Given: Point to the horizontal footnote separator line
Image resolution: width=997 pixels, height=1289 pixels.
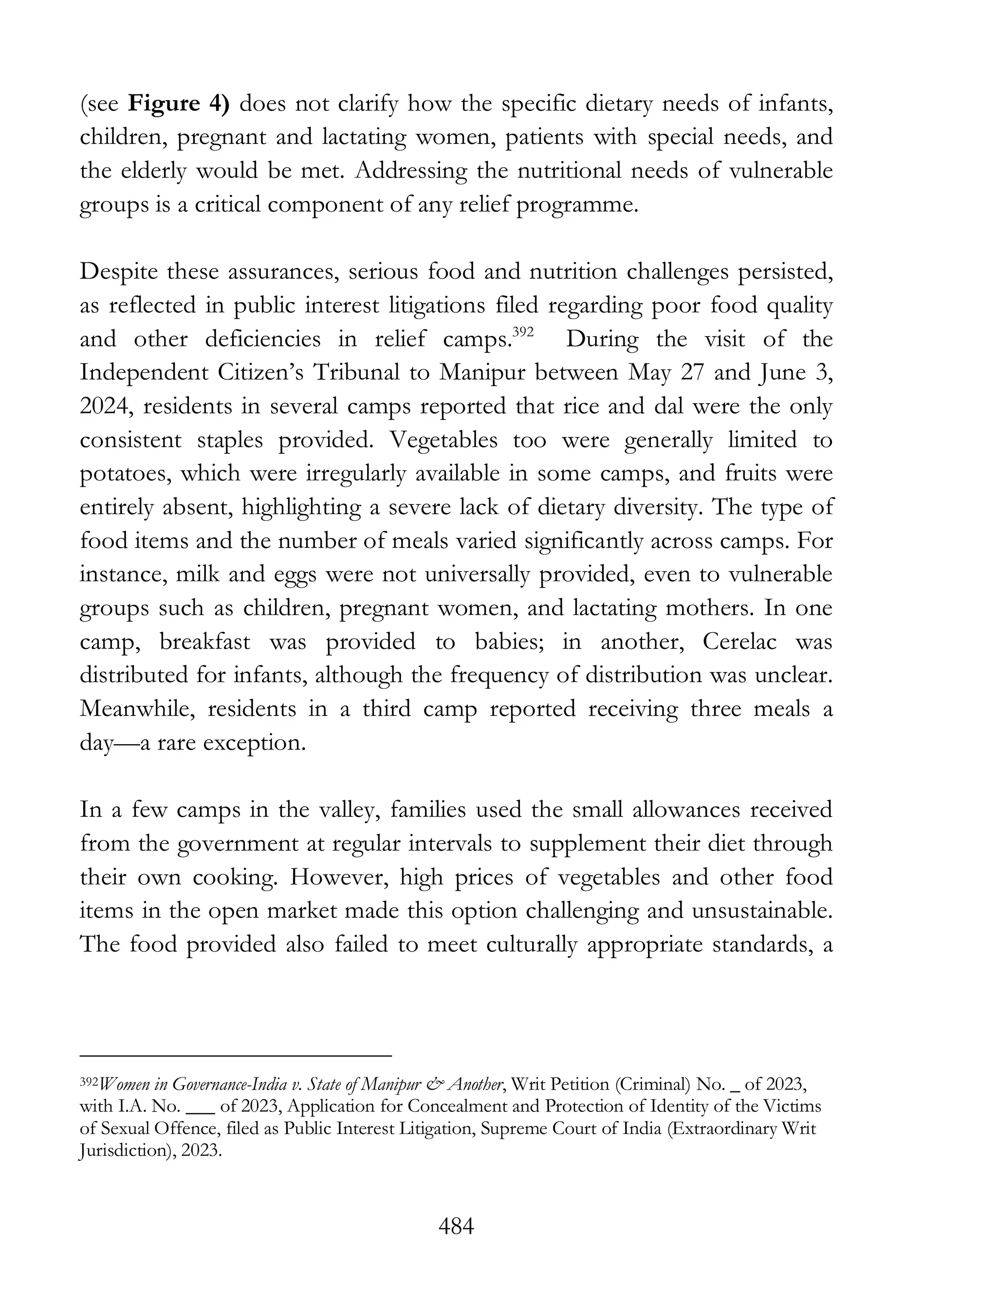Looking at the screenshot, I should click(236, 1055).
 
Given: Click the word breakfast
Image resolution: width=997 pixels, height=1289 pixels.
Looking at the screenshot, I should click(205, 642).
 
